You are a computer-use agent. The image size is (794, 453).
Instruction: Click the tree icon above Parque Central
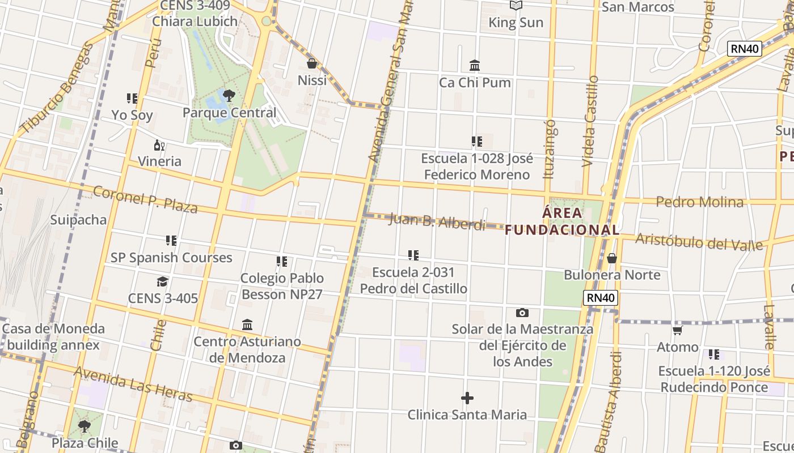[x=229, y=95]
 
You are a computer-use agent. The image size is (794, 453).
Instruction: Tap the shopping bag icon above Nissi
[x=311, y=63]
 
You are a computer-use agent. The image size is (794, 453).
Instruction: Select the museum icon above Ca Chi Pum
[x=475, y=66]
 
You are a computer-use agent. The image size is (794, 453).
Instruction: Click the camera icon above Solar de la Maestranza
[x=522, y=313]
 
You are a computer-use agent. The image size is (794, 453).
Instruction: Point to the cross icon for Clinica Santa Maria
[x=467, y=398]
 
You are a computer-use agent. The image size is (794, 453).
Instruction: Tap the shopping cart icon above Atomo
[x=677, y=330]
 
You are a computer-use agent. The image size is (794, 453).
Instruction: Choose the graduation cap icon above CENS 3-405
[x=163, y=281]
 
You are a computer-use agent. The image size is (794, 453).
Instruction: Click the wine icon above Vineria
[x=159, y=145]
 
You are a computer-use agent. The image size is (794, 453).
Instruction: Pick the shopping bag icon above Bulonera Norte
[x=611, y=258]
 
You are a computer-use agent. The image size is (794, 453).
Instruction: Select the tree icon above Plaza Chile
[x=85, y=426]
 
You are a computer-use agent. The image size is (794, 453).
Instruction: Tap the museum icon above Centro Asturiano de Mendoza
[x=247, y=325]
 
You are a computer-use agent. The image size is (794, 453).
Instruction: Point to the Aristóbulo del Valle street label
[x=699, y=242]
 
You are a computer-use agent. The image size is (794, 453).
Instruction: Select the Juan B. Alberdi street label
[x=437, y=221]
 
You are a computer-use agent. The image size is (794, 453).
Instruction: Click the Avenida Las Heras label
[x=133, y=384]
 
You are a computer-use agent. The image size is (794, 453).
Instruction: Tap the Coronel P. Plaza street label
[x=145, y=200]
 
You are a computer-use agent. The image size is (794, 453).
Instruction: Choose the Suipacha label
[x=78, y=220]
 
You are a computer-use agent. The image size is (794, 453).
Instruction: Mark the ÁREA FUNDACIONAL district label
[x=562, y=221]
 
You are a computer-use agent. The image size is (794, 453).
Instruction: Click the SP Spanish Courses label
[x=171, y=258]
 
